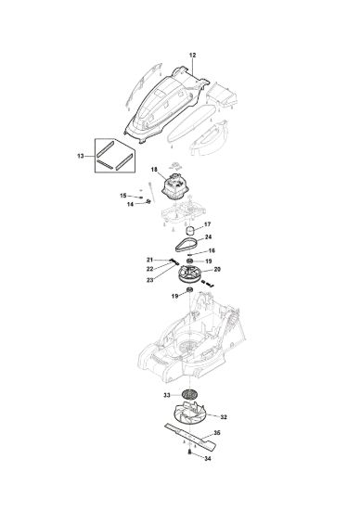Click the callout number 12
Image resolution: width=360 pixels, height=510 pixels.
(x=192, y=55)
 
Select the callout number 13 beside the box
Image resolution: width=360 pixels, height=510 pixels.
(x=81, y=156)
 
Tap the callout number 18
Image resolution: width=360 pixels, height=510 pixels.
(x=154, y=170)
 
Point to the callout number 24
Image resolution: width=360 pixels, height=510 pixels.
(x=208, y=236)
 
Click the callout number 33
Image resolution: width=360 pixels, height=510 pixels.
(x=167, y=395)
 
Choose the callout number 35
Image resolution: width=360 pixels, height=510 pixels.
(x=217, y=433)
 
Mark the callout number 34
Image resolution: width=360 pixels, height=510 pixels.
(x=207, y=458)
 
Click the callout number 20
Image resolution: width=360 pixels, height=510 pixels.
(x=217, y=269)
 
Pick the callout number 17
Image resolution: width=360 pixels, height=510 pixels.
(x=207, y=224)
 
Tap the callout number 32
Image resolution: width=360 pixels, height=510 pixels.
(x=224, y=417)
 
